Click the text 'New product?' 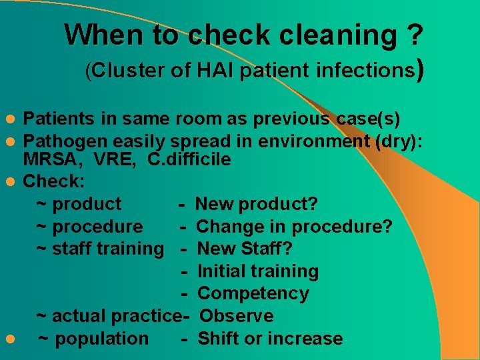[x=257, y=204]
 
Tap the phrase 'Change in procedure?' [x=294, y=227]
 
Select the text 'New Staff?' [x=245, y=249]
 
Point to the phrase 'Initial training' [x=258, y=271]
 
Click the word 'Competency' [x=253, y=293]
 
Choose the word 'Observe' [x=237, y=316]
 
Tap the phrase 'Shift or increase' [x=270, y=339]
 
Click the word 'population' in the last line [x=101, y=339]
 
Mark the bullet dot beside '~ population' [x=9, y=339]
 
